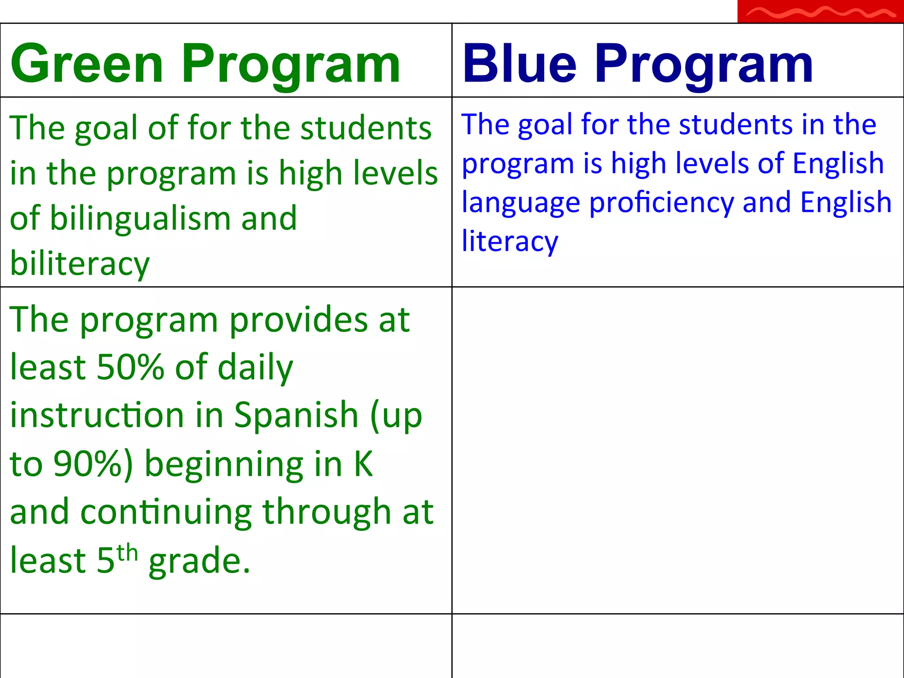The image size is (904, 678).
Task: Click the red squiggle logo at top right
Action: (x=820, y=12)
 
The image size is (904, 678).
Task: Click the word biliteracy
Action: (x=80, y=264)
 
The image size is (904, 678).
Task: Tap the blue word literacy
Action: (x=510, y=242)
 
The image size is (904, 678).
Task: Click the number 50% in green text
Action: (x=130, y=367)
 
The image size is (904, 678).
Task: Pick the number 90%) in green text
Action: (x=93, y=464)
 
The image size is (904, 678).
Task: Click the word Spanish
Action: (x=296, y=415)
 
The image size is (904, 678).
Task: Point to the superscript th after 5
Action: (x=127, y=553)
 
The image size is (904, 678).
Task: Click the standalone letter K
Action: (x=363, y=464)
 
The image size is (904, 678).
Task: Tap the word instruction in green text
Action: (x=97, y=415)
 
